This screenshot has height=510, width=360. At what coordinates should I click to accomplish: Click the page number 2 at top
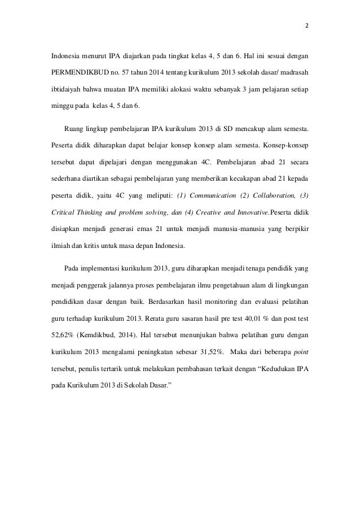click(307, 26)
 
